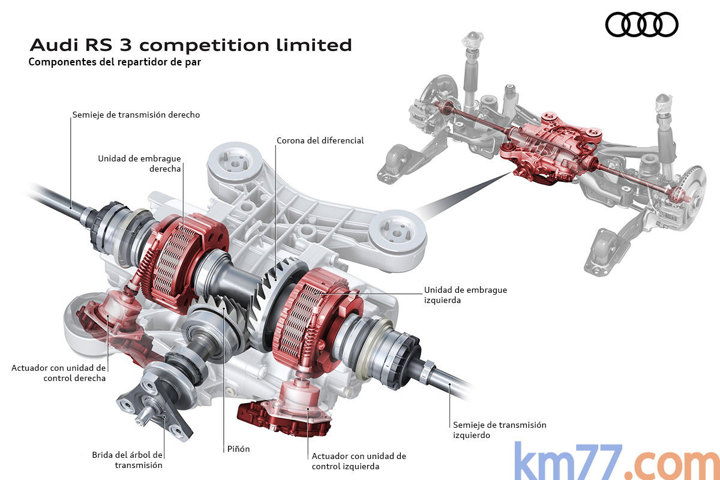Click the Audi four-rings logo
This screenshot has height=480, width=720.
click(641, 25)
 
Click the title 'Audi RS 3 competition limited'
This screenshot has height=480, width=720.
click(190, 45)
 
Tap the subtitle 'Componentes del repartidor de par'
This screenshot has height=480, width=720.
click(114, 62)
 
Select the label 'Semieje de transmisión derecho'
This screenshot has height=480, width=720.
click(136, 114)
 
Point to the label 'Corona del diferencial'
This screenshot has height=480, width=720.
click(320, 140)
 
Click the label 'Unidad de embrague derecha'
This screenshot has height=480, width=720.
click(139, 163)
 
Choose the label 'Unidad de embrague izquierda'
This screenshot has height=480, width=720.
click(465, 295)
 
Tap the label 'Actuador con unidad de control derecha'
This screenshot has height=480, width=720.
click(58, 373)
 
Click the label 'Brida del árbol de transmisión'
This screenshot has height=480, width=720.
click(127, 459)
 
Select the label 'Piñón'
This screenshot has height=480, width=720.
click(238, 449)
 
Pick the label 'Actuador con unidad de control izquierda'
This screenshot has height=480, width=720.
click(359, 461)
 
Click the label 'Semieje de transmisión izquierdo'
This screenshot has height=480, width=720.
click(499, 430)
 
